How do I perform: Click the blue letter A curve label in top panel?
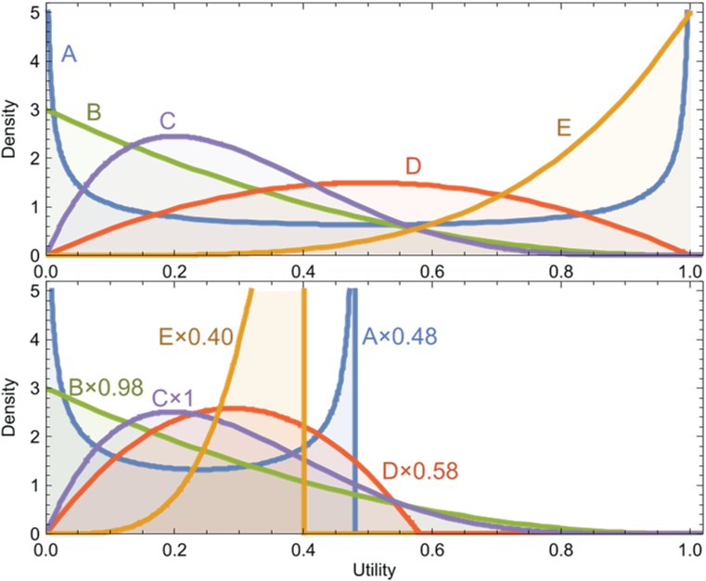point(68,56)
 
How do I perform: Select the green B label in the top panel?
point(94,113)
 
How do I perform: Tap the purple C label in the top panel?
point(168,121)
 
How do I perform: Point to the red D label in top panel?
point(414,167)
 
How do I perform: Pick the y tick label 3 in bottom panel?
point(33,390)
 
